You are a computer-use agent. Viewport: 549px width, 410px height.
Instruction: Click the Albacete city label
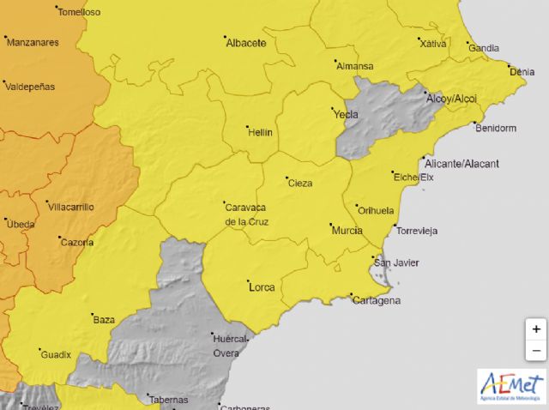point(247,43)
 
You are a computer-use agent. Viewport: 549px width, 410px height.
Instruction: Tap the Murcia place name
point(345,230)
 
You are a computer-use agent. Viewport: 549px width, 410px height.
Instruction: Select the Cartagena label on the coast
point(377,300)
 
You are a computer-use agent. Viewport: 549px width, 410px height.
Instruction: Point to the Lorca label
point(261,286)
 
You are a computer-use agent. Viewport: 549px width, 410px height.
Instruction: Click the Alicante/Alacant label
point(462,163)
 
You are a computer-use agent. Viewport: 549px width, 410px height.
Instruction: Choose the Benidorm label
point(496,128)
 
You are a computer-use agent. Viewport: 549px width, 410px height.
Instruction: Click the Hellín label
point(259,133)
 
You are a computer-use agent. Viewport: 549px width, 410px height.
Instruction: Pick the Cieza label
point(300,184)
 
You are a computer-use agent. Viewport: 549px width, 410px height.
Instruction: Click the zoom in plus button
point(536,329)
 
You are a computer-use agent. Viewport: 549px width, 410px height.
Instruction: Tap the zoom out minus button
point(536,350)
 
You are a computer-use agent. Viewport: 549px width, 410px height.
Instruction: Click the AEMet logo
point(511,386)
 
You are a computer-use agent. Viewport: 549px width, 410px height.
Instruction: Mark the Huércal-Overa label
point(229,344)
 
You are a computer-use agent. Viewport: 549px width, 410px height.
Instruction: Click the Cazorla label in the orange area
point(77,243)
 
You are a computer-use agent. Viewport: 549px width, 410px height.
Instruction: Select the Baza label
point(104,320)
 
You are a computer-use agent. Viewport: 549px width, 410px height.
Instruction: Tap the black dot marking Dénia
point(508,67)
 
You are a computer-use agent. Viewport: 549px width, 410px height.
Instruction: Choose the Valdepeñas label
point(30,87)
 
